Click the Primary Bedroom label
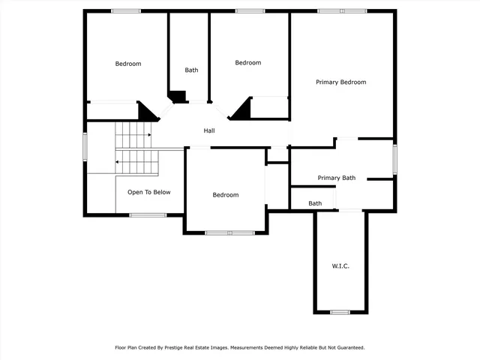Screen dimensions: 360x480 (x=340, y=82)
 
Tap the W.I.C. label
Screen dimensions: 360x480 (x=340, y=266)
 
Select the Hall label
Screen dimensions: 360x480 (x=210, y=130)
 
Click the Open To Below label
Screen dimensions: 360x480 (x=148, y=192)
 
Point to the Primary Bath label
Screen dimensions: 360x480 (x=337, y=178)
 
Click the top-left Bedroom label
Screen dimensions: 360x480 (x=127, y=64)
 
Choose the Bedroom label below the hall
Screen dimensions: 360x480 (x=225, y=195)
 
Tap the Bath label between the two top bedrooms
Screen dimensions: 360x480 (x=192, y=70)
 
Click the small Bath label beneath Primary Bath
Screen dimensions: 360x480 (x=315, y=203)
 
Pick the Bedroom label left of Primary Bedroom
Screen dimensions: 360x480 (x=248, y=63)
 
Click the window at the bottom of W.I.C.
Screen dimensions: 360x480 (x=340, y=312)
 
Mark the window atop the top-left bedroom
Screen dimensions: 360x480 (x=126, y=10)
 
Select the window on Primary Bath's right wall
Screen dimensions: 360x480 (x=394, y=159)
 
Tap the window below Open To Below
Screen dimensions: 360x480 (x=148, y=215)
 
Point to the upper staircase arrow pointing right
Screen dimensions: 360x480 (x=148, y=135)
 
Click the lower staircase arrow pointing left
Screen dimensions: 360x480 (x=117, y=161)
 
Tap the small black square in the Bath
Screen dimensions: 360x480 (x=178, y=96)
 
